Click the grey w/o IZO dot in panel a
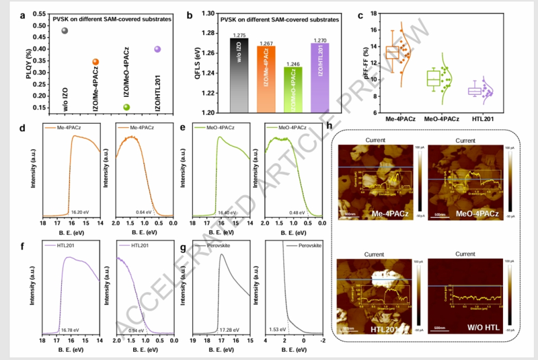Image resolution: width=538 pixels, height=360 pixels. click(x=65, y=30)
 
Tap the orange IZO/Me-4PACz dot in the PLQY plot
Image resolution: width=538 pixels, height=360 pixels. click(x=95, y=62)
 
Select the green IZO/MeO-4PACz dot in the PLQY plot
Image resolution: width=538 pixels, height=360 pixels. click(x=126, y=107)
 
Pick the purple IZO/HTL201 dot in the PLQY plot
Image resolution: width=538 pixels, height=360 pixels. click(x=157, y=49)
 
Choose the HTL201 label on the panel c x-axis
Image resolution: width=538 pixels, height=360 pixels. click(x=478, y=118)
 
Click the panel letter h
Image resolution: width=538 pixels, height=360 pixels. click(x=328, y=126)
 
